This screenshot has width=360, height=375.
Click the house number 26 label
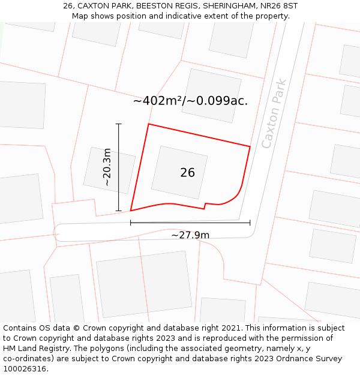tap(187, 173)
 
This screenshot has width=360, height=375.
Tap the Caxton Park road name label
tap(274, 114)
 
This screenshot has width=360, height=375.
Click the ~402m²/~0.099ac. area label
tap(190, 101)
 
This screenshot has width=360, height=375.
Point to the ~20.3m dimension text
tap(107, 167)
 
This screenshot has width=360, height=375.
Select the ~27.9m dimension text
tap(190, 235)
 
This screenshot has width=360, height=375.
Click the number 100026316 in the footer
tap(25, 369)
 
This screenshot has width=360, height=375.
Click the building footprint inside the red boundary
tap(179, 172)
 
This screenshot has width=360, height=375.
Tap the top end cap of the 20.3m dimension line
tap(119, 124)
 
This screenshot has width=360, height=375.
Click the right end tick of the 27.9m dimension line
tap(250, 223)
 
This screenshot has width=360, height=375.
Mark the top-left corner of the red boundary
tap(148, 124)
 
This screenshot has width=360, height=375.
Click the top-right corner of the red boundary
tap(250, 146)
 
